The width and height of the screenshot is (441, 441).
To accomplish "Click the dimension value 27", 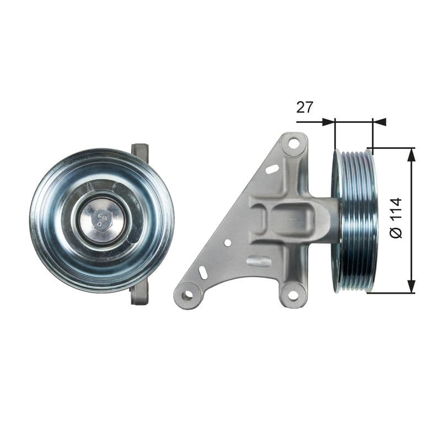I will tap(305, 107).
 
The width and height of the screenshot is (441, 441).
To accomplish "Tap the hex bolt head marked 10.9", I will tap(102, 220).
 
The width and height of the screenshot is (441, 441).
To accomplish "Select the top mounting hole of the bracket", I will tap(294, 144).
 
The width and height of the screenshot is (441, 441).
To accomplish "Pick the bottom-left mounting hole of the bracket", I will tap(187, 295).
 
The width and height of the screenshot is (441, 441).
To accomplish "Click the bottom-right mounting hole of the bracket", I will tap(293, 295).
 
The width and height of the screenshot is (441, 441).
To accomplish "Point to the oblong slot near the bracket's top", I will tap(272, 169).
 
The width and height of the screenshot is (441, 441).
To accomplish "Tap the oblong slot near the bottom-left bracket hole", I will tap(203, 273).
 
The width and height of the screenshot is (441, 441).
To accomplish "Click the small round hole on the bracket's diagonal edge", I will tap(227, 242).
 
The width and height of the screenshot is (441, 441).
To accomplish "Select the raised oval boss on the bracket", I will tap(259, 261).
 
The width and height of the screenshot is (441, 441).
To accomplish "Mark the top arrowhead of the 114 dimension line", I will tap(411, 155).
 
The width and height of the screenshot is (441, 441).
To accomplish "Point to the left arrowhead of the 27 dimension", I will tap(329, 122).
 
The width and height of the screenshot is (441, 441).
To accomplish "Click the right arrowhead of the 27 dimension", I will tap(379, 122).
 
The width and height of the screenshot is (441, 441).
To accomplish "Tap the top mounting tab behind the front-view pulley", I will tap(140, 151).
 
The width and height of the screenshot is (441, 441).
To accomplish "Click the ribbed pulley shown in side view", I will tap(356, 220).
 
